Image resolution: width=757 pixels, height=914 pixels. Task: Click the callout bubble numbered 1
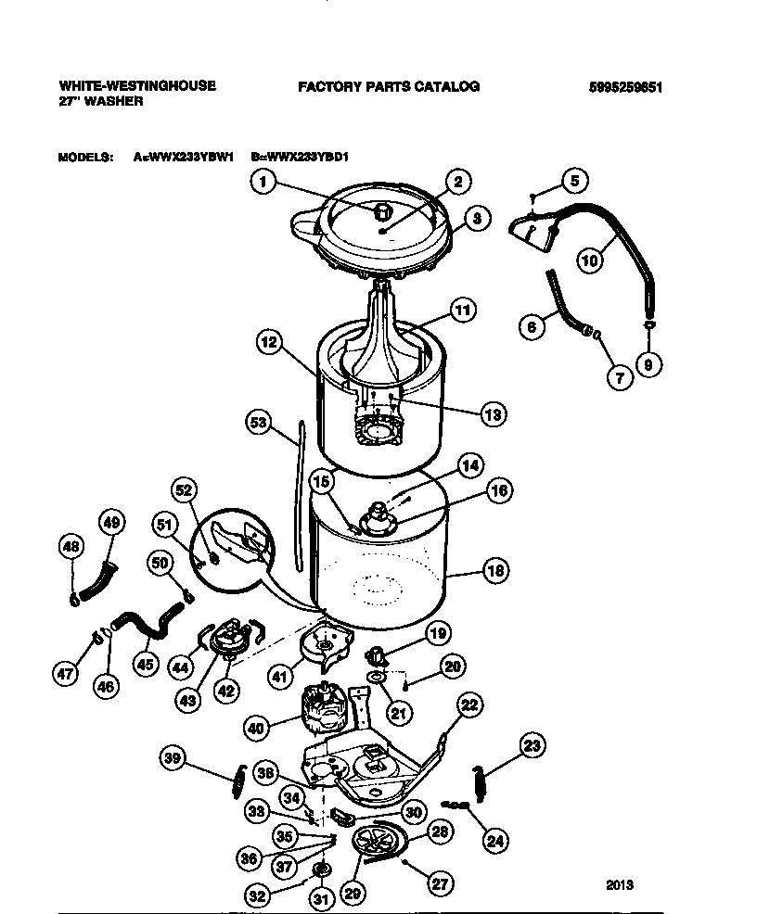click(263, 183)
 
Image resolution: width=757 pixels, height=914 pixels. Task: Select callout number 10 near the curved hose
click(589, 260)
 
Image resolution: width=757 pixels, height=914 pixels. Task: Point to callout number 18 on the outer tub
click(494, 571)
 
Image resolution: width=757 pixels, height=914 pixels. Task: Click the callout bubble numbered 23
click(532, 745)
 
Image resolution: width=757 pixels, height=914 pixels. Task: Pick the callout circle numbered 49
click(111, 524)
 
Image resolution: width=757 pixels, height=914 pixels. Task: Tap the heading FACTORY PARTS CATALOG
click(389, 86)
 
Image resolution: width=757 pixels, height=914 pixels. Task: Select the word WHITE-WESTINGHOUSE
click(137, 85)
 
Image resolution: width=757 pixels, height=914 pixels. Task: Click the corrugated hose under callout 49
click(98, 580)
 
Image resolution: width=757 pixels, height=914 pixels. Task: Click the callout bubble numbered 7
click(621, 377)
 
